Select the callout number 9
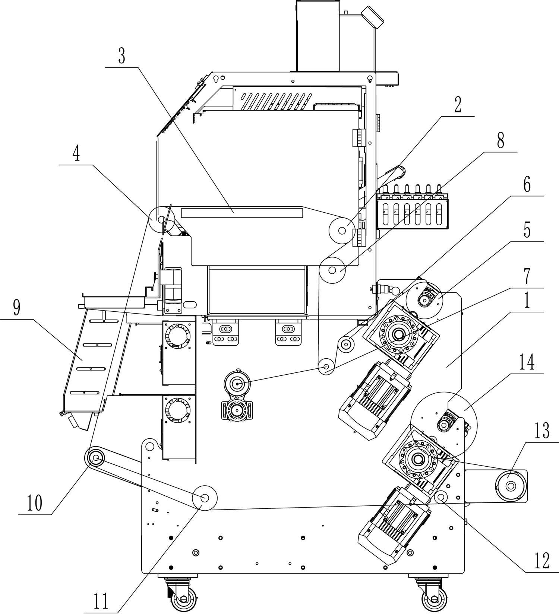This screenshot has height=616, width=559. coord(16,308)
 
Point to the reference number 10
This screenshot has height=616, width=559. coord(34,503)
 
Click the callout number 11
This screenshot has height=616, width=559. coord(101,601)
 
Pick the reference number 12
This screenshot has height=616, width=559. coord(541,561)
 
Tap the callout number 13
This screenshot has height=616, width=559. coord(541,431)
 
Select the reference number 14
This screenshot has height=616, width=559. coord(527,362)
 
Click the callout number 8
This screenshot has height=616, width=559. coord(500,141)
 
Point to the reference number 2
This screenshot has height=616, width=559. coord(458,105)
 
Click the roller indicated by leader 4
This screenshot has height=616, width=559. coord(161,219)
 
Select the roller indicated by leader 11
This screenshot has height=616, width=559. coord(205,498)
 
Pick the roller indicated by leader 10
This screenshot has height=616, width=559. coord(96,458)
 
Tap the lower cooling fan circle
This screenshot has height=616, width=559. coord(178,410)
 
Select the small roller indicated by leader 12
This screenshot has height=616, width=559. coord(442,496)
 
